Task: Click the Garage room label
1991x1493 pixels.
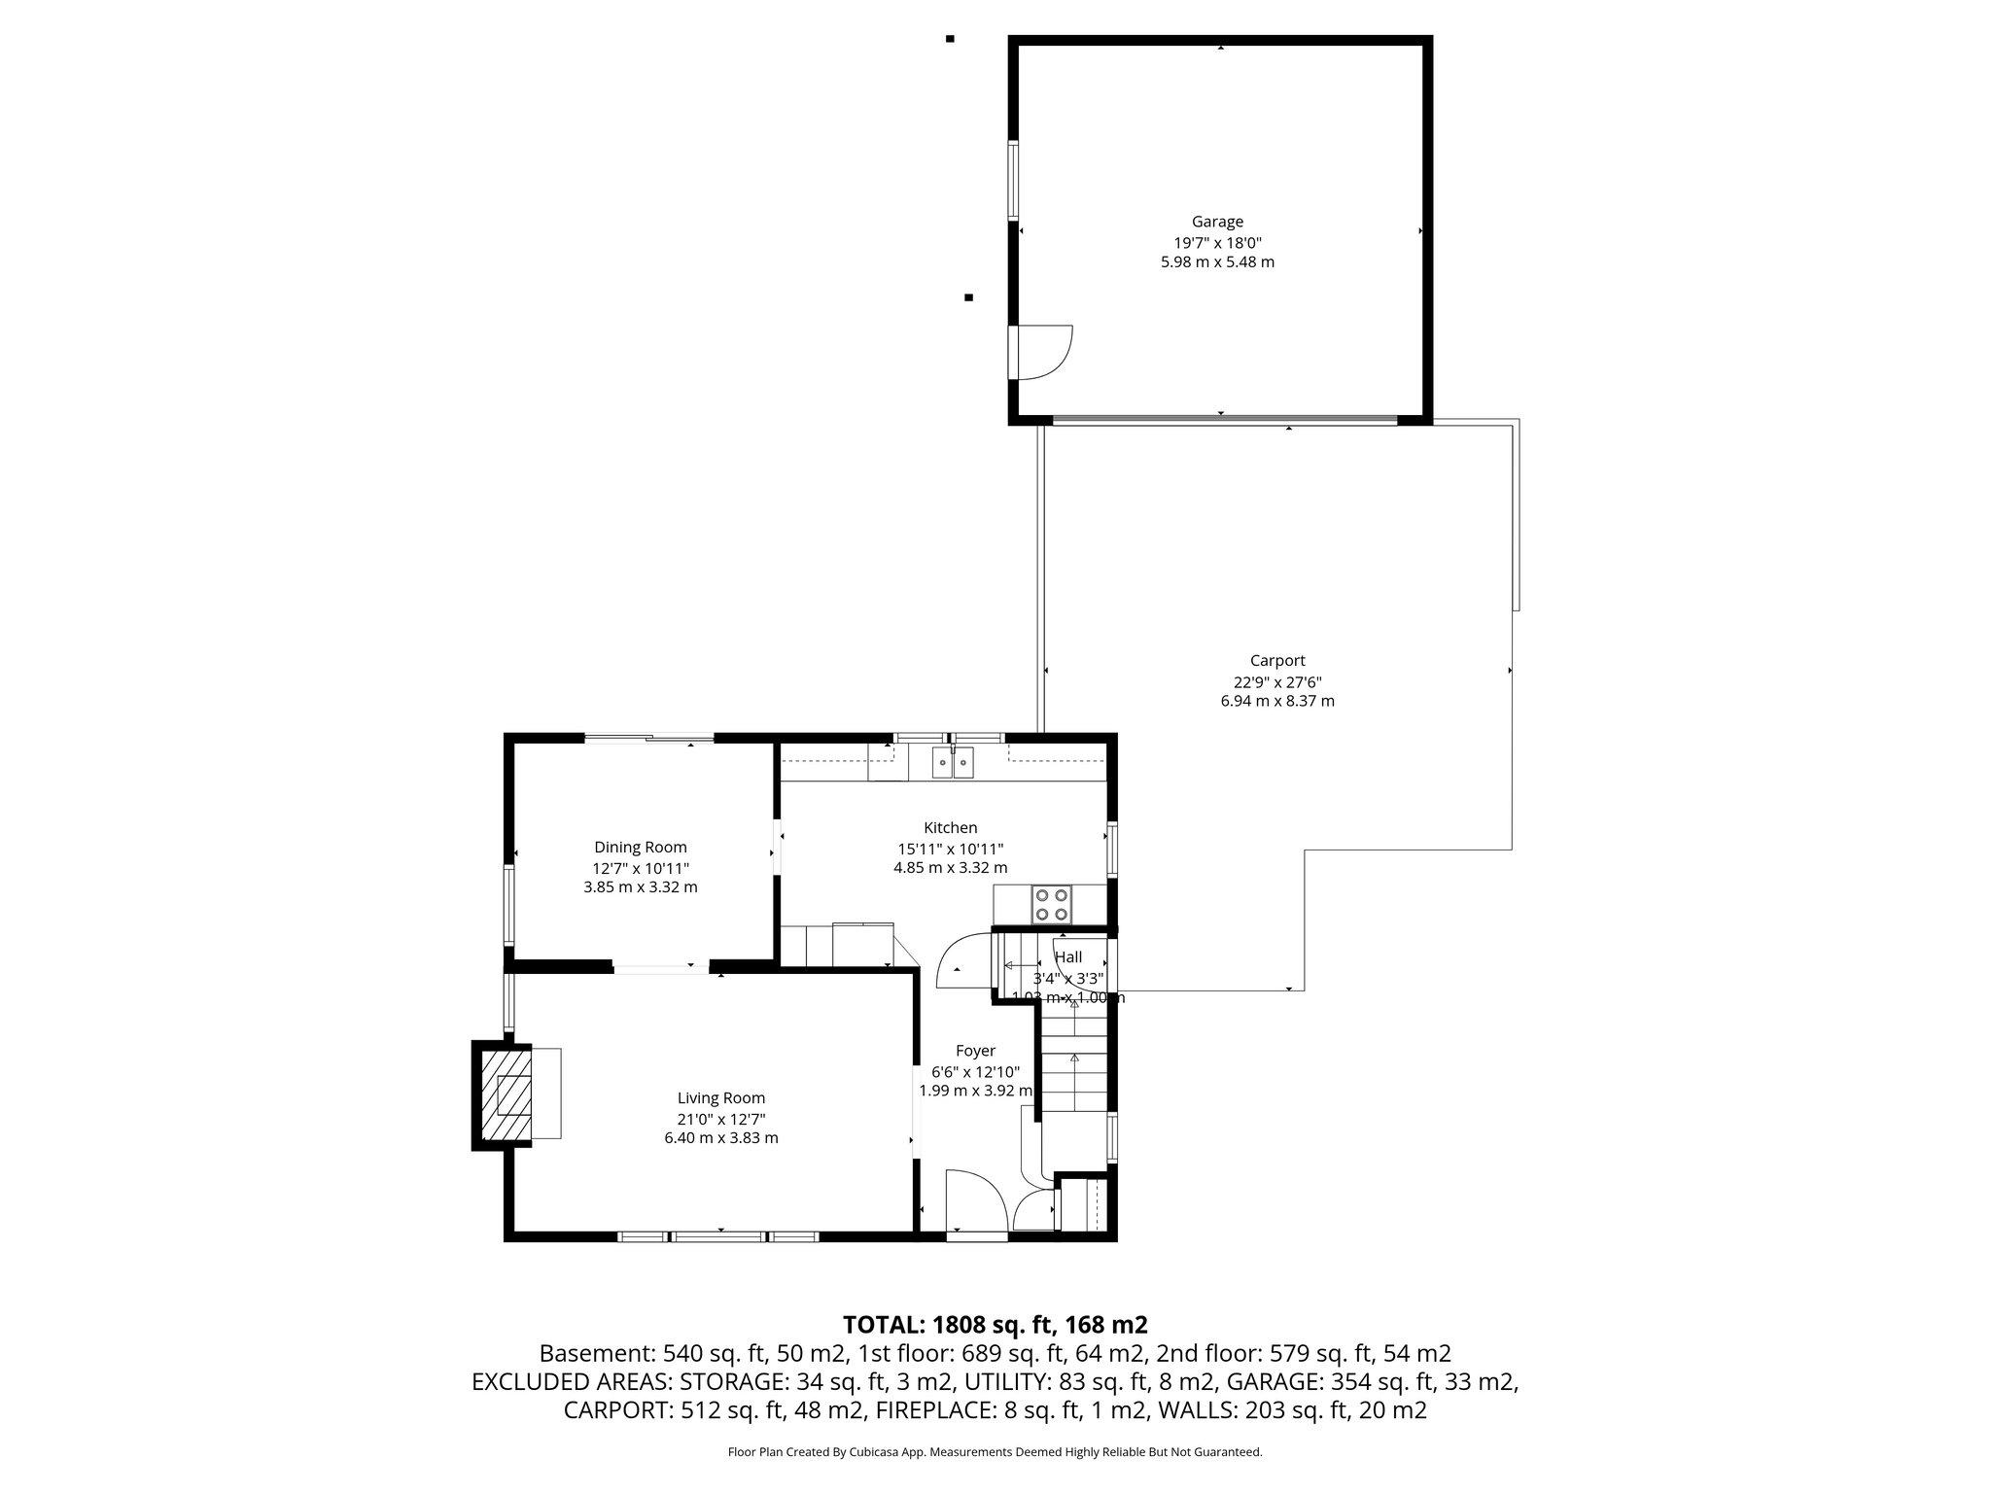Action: [x=1217, y=222]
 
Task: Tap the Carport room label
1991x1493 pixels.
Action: [x=1277, y=661]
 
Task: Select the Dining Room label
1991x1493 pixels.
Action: [x=641, y=848]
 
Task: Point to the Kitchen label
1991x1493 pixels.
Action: [x=950, y=828]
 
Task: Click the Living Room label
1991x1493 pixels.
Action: [x=720, y=1098]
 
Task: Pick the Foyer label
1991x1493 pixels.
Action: [x=975, y=1051]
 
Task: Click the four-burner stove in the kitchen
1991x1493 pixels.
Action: [x=1050, y=904]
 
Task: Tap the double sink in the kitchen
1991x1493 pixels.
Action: [x=952, y=764]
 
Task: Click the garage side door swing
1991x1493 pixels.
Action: [x=1042, y=352]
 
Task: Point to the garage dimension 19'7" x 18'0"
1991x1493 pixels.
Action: [x=1217, y=243]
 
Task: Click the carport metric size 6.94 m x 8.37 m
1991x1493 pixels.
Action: [x=1277, y=701]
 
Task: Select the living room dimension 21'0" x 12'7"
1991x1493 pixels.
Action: [x=720, y=1119]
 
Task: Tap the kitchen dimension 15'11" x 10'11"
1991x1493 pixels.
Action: [x=950, y=849]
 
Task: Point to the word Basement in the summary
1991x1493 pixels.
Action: [x=595, y=1353]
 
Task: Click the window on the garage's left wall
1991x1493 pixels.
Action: [x=1012, y=180]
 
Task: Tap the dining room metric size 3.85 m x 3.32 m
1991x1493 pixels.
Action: [x=641, y=887]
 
